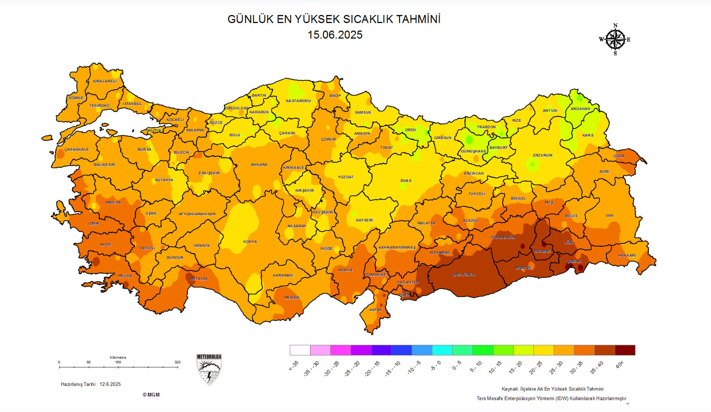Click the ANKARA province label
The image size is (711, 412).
pos(259,165)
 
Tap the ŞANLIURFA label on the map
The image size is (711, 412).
pos(464,275)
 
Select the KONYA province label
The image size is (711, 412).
pos(250,242)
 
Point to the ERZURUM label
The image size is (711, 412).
pos(542,155)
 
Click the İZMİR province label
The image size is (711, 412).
pos(94,223)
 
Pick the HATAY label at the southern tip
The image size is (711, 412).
pos(375,310)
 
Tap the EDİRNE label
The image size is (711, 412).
pos(76,98)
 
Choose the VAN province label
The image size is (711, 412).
pos(610,215)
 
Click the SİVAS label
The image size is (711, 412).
pos(406,181)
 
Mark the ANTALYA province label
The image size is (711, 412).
pos(199,279)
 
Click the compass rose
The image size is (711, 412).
pos(615,39)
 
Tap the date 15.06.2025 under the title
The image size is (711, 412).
pos(335,35)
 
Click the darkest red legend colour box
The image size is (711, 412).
pos(625,350)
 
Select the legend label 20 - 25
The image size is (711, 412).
pos(535,367)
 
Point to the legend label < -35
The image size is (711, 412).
pos(293,365)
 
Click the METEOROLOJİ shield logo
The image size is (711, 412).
pos(209,369)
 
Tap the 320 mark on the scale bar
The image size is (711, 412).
pos(177,362)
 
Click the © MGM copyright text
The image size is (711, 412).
pos(151,395)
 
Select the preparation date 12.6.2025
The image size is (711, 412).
pos(110,384)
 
